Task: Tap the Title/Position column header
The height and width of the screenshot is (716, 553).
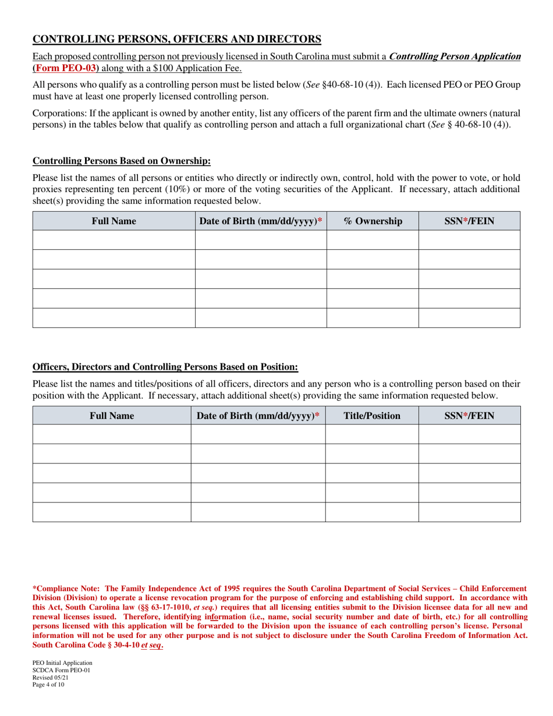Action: (372, 416)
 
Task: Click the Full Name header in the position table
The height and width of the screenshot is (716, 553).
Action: (112, 416)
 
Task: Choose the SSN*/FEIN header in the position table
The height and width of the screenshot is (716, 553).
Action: (469, 416)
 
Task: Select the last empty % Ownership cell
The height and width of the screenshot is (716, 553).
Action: (373, 318)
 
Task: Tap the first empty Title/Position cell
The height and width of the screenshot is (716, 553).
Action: (372, 434)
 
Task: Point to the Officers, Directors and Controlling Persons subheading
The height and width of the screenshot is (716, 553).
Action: (165, 367)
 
